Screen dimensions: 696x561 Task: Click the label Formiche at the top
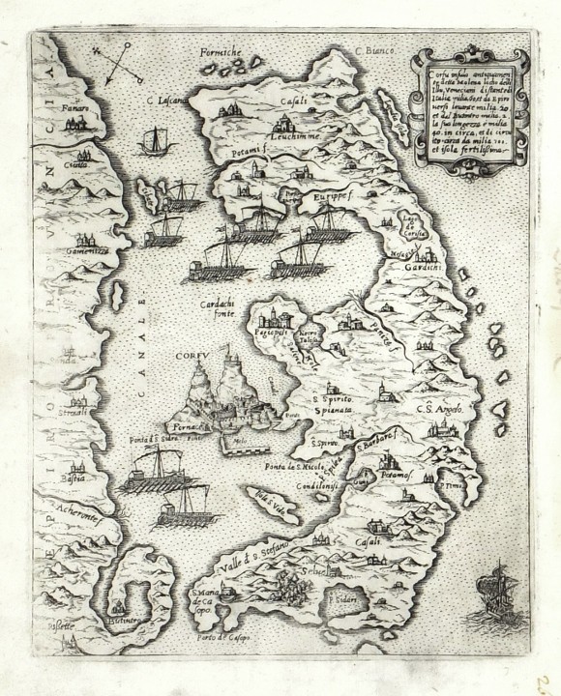(x=220, y=50)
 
